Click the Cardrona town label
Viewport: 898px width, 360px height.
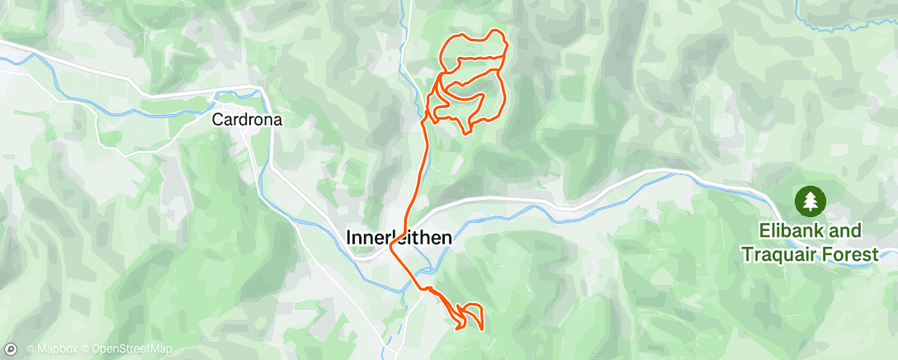(x=248, y=120)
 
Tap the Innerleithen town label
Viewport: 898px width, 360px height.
(x=397, y=238)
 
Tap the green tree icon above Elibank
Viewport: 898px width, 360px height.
(x=811, y=200)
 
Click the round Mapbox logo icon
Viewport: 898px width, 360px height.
(x=11, y=350)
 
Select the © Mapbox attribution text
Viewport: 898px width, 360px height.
(x=50, y=350)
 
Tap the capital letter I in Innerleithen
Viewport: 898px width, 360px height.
(x=346, y=238)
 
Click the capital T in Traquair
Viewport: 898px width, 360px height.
(x=747, y=255)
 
